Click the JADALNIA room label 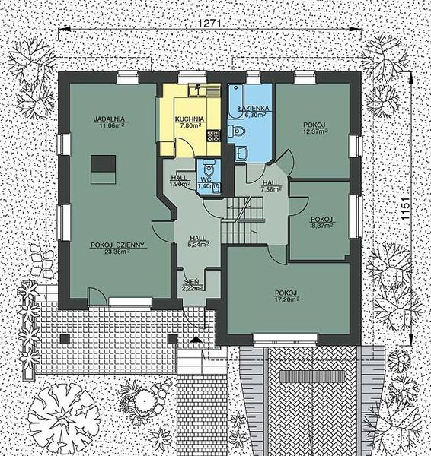coord(110,119)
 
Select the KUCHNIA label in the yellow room coord(187,119)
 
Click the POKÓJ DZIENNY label coord(117,245)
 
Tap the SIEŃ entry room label coord(191,283)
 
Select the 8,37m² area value coord(322,225)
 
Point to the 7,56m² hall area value coord(270,190)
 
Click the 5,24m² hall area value coord(198,245)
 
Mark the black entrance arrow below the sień coord(198,339)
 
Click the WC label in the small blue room coord(203,180)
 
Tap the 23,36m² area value coord(117,253)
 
